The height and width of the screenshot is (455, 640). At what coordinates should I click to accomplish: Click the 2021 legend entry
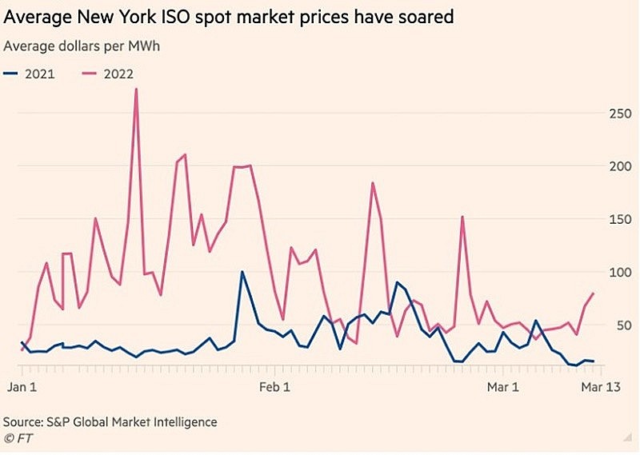point(31,74)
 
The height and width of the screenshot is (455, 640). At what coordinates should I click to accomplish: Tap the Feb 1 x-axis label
point(275,386)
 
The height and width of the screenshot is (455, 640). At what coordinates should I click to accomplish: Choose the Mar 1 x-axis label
point(504,386)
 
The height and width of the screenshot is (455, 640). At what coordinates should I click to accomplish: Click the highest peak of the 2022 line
point(136,89)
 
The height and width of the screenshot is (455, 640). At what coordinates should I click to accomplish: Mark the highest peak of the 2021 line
point(242,272)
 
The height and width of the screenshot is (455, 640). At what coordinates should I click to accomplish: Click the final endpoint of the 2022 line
point(593,293)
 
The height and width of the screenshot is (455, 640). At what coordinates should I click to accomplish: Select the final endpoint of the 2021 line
point(593,361)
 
